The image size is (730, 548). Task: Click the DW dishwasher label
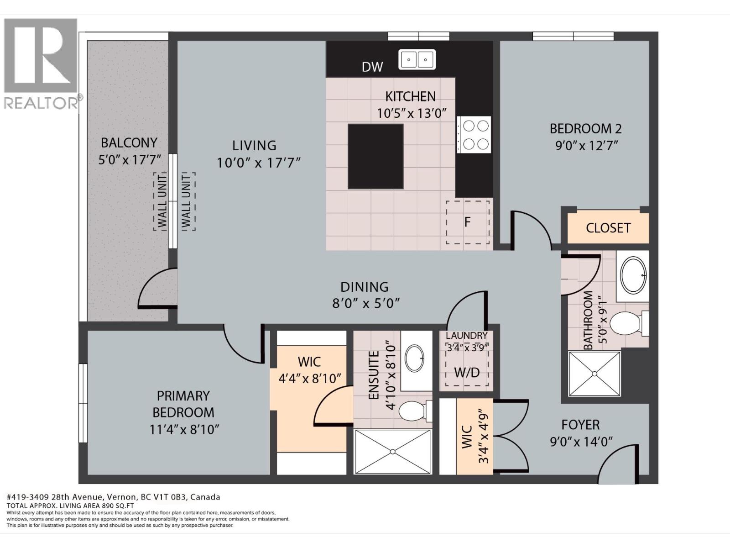pos(372,67)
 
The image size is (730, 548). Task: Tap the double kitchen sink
pos(417,59)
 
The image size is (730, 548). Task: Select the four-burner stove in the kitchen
pos(474,135)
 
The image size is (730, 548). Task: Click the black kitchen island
pos(375,156)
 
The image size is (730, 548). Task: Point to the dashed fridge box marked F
pos(468,222)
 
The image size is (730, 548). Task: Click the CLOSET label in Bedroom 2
pos(608,227)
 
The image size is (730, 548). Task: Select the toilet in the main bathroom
pos(627,323)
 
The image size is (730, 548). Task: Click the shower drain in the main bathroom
pos(594,374)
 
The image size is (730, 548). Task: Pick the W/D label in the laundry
pos(467,373)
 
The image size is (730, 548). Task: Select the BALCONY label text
pos(129,143)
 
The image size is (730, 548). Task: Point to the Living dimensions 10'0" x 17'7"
pos(258,163)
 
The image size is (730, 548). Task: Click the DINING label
pos(365,287)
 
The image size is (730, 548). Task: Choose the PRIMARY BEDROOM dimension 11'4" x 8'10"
pos(184,430)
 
